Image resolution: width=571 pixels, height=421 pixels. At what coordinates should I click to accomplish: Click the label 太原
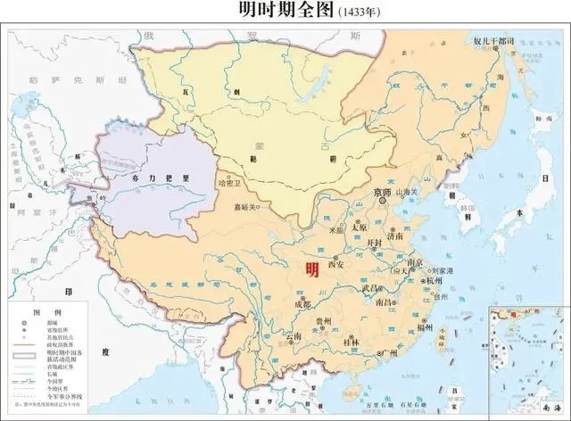(360, 227)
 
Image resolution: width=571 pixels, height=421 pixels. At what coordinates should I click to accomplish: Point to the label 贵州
(324, 321)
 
